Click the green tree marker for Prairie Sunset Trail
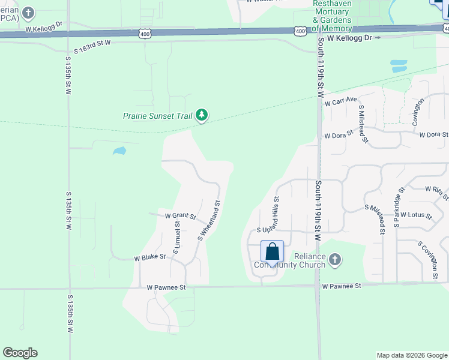(202, 115)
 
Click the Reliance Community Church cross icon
(335, 259)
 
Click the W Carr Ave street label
(340, 101)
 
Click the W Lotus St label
(416, 214)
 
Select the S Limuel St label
(176, 236)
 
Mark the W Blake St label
(149, 257)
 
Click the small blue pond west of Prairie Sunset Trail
(119, 151)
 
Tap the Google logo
(20, 353)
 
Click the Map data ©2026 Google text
(411, 355)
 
